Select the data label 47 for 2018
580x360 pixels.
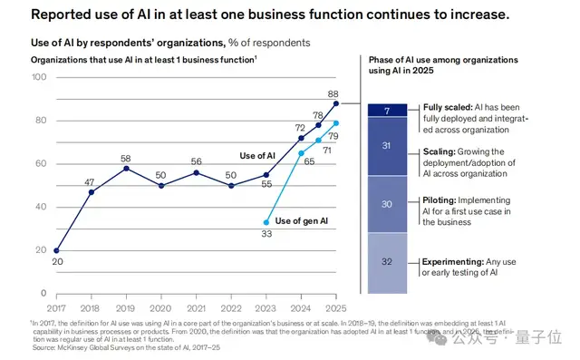coord(91,182)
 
